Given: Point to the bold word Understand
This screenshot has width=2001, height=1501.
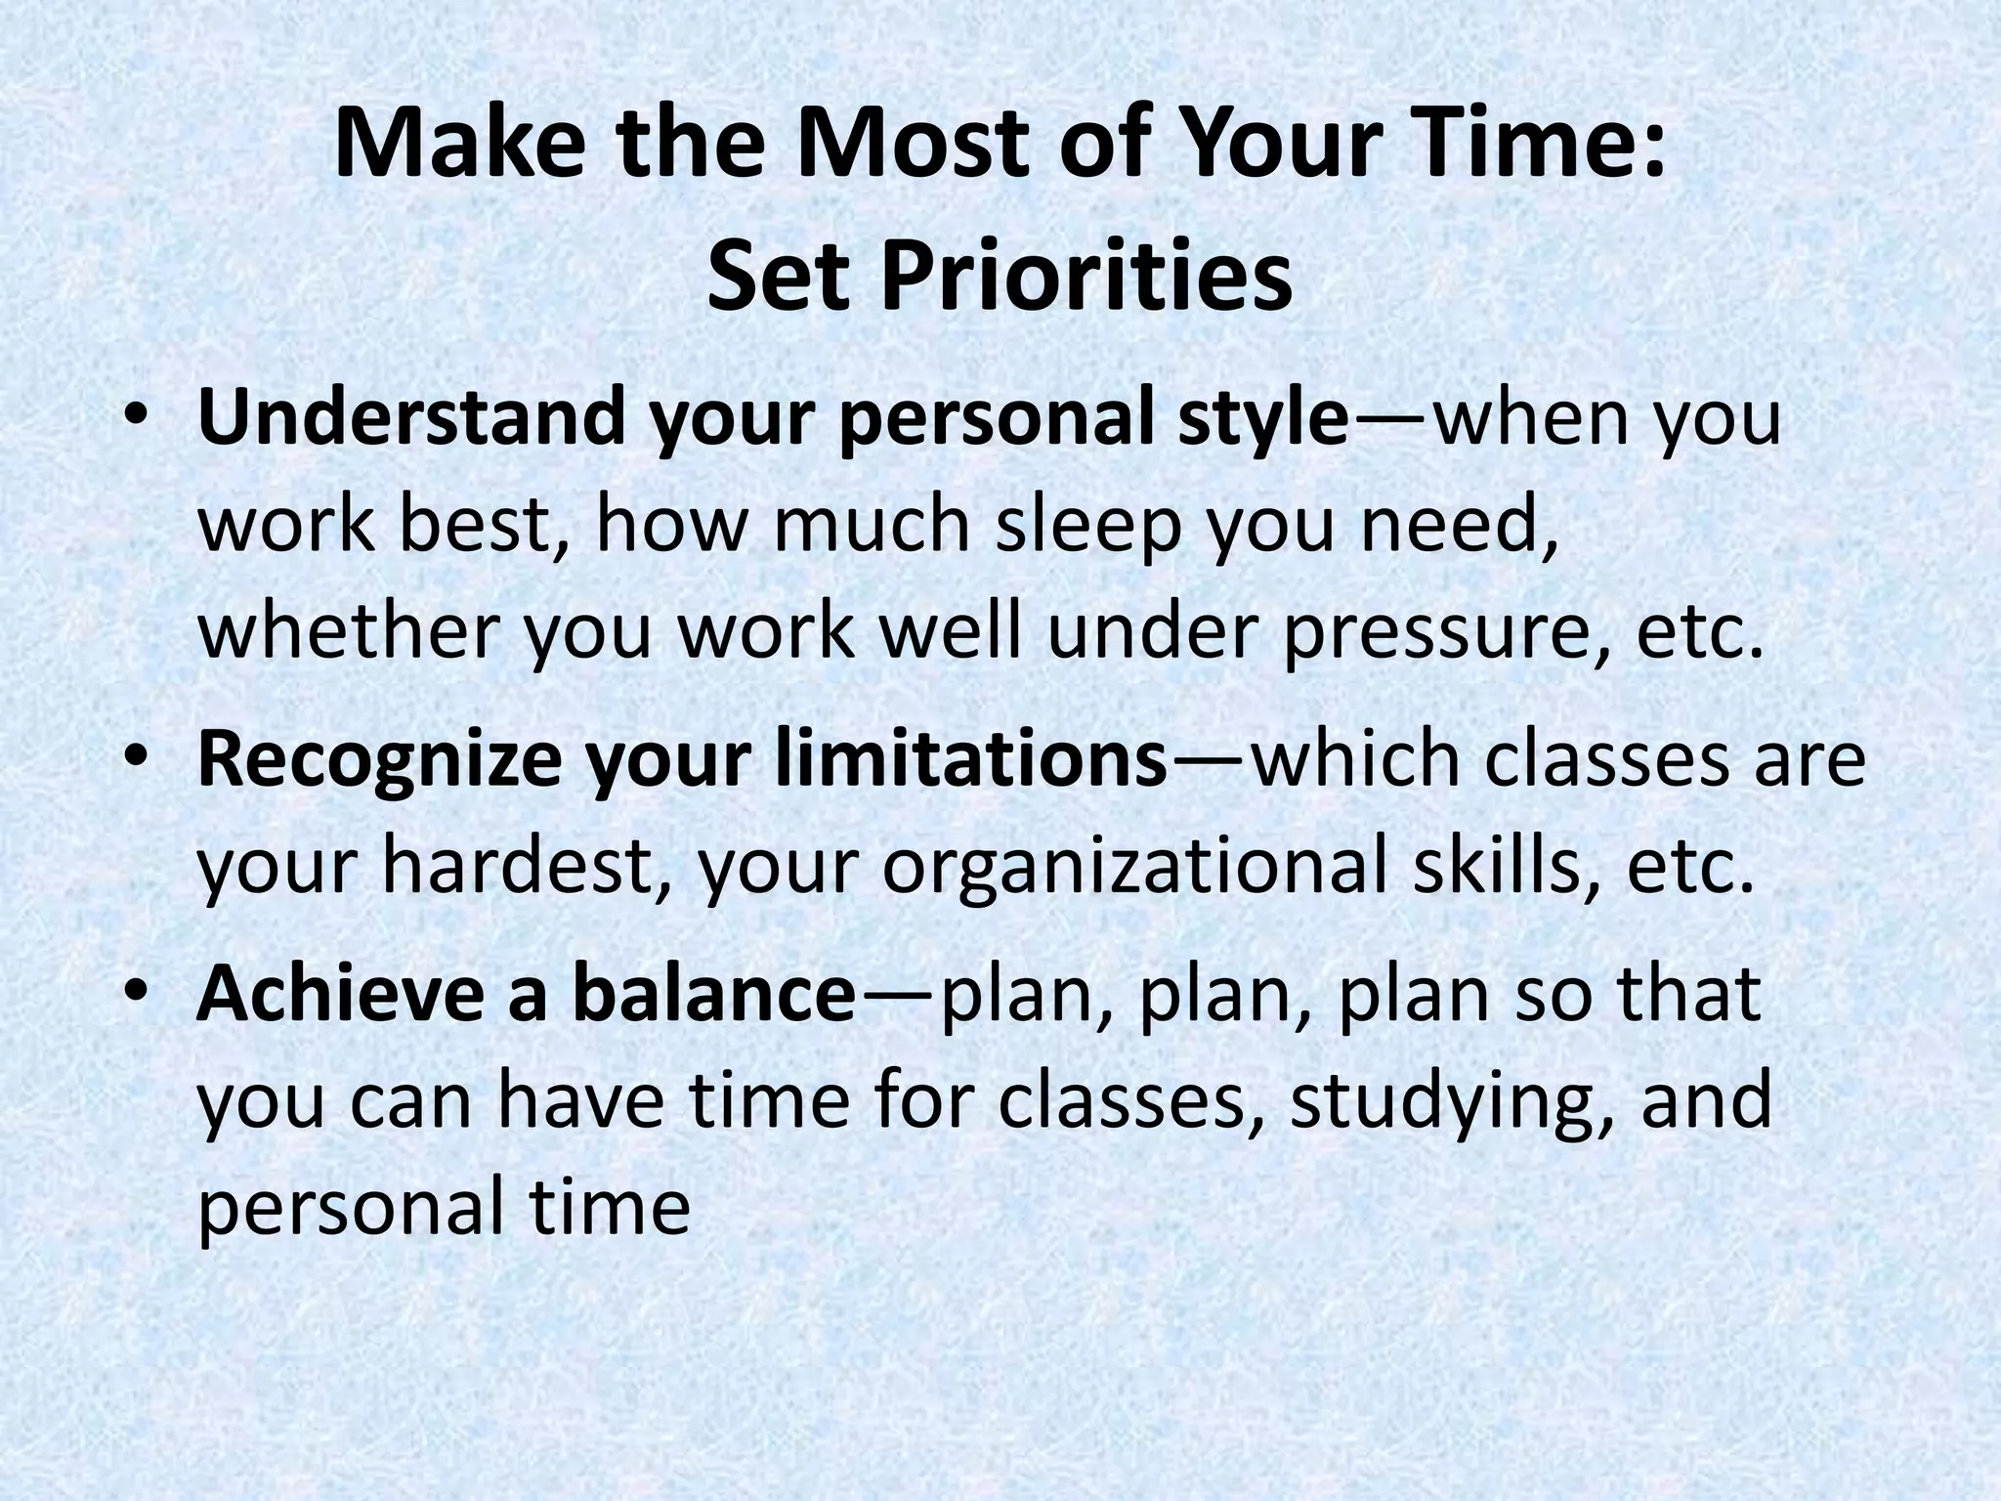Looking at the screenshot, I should [x=411, y=417].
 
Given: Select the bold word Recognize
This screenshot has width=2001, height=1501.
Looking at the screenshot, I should [x=380, y=760].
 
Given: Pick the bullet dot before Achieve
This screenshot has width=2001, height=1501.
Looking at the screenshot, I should [x=136, y=995].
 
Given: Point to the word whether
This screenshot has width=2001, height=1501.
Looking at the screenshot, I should [x=353, y=632].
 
